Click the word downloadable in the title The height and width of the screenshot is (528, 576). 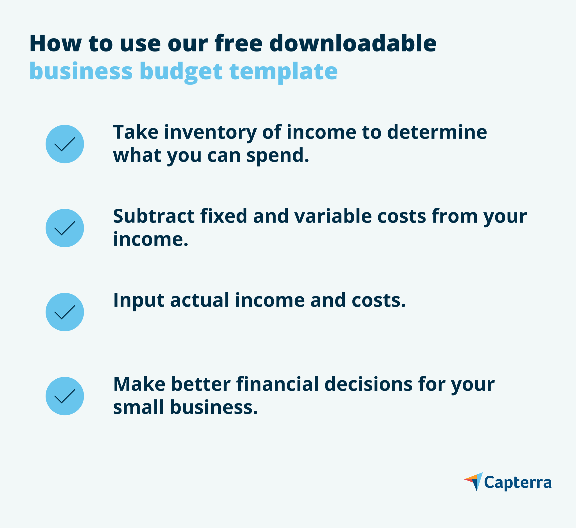coord(353,43)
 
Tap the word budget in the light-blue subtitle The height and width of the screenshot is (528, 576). coord(181,71)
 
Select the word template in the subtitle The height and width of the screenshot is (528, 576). coord(283,71)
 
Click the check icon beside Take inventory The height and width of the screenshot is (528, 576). coord(65,144)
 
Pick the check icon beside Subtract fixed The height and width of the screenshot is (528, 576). coord(65,228)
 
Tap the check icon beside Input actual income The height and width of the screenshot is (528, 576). coord(65,312)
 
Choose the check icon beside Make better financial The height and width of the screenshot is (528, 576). coord(65,396)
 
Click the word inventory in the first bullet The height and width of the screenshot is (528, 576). coord(210,132)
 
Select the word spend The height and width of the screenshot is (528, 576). coord(277,156)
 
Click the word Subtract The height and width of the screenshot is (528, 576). coord(154,216)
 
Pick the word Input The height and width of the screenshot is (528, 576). coord(139,301)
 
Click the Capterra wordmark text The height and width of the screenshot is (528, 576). coord(518,483)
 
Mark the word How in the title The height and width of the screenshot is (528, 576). coord(55,43)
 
